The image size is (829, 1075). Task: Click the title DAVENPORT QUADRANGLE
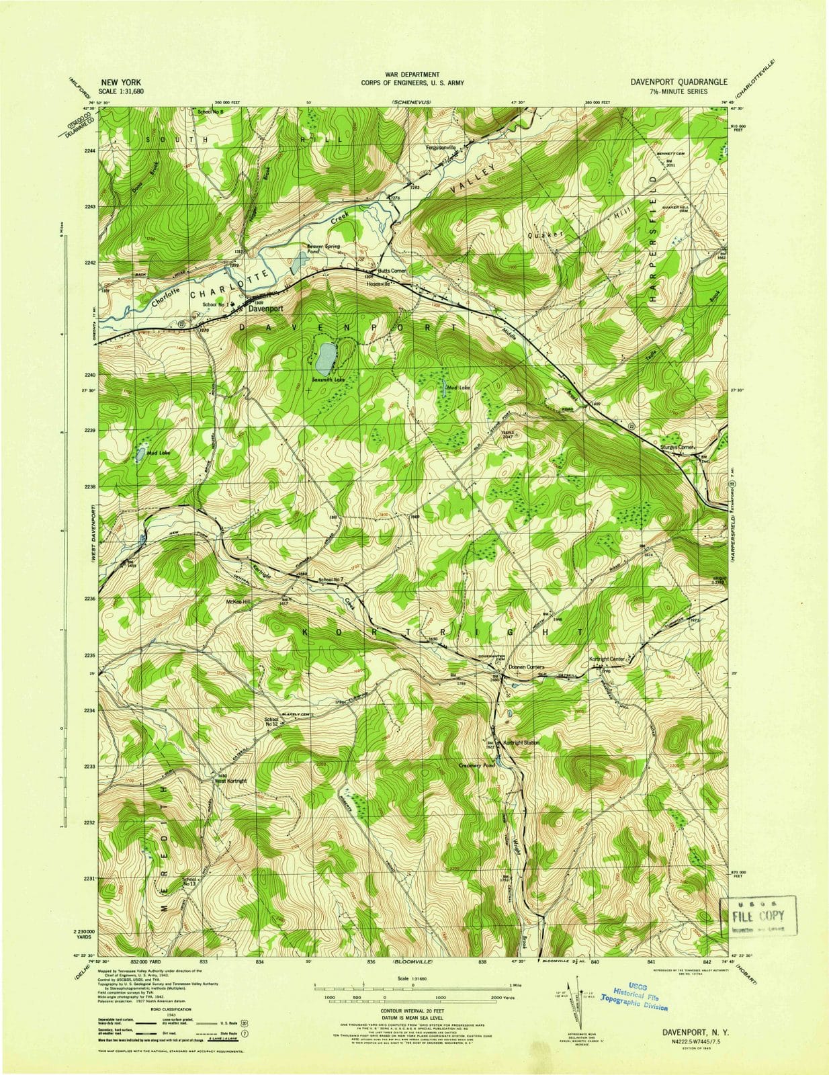[x=678, y=81]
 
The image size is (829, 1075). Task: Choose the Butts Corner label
[x=393, y=269]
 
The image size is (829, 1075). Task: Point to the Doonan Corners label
[x=525, y=667]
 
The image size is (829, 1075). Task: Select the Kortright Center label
[x=607, y=659]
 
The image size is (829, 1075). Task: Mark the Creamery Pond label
[x=476, y=765]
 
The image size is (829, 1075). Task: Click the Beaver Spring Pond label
[x=323, y=249]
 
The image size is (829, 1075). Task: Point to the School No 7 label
[x=331, y=578]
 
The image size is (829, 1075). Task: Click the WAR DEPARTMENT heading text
[x=412, y=75]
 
